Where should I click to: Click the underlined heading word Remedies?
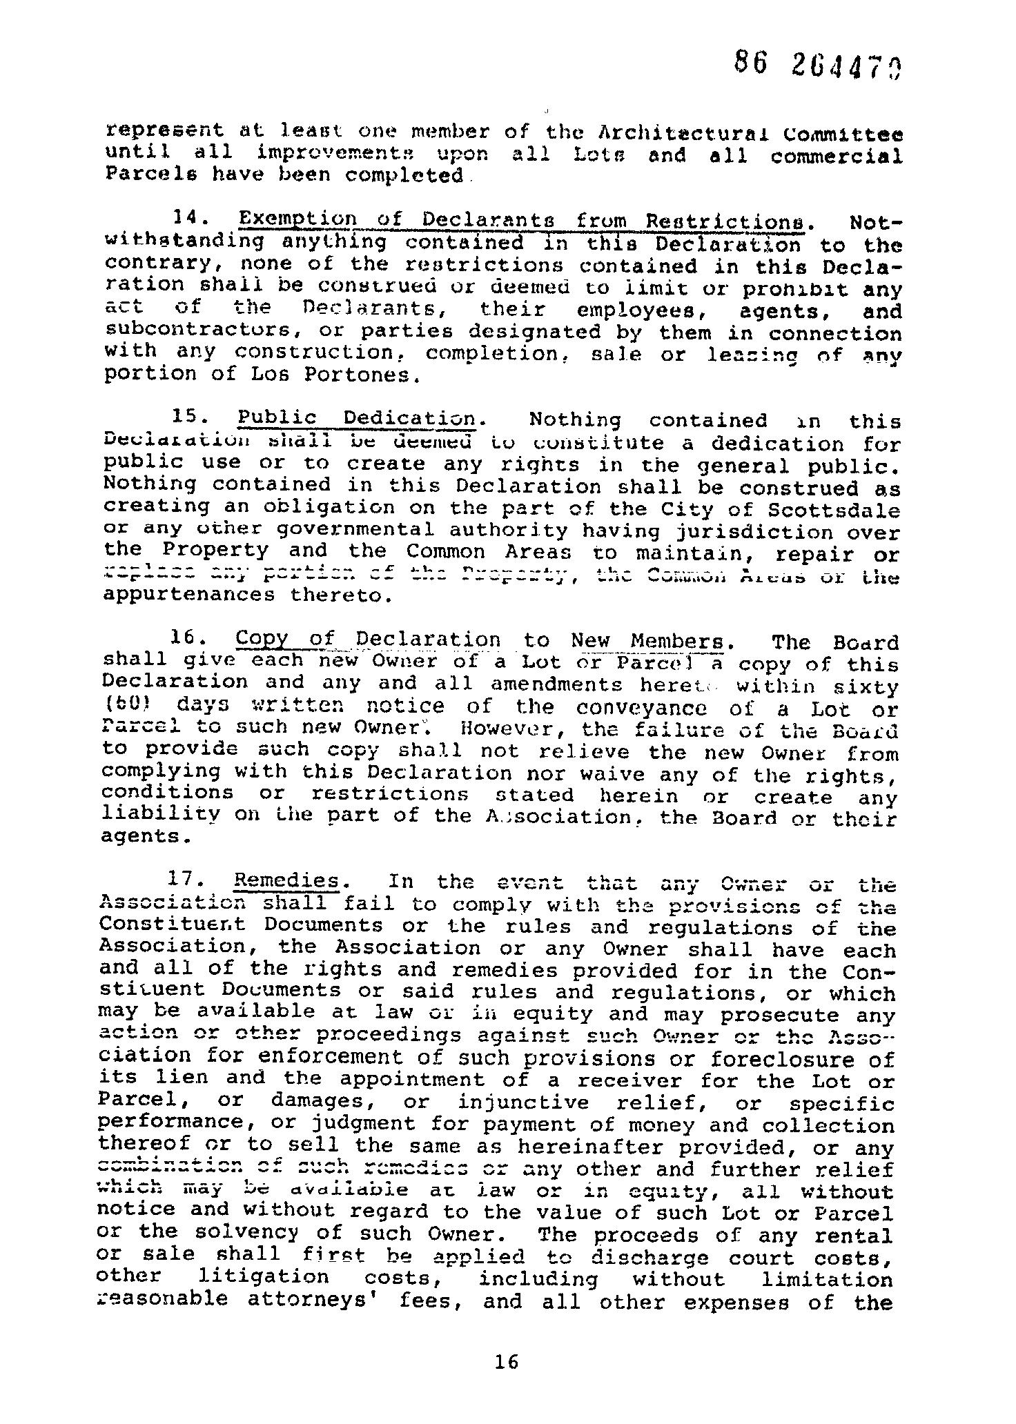pyautogui.click(x=287, y=881)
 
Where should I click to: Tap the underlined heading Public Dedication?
pyautogui.click(x=356, y=419)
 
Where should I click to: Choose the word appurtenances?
pyautogui.click(x=188, y=595)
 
